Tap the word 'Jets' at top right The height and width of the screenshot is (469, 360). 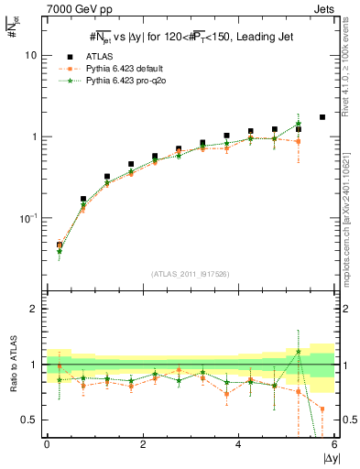(x=324, y=8)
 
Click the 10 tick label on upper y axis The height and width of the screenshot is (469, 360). (x=30, y=55)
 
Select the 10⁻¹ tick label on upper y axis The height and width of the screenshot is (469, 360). (x=28, y=218)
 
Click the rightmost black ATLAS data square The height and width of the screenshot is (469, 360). (x=322, y=117)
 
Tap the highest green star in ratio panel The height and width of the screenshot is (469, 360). (x=299, y=351)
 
